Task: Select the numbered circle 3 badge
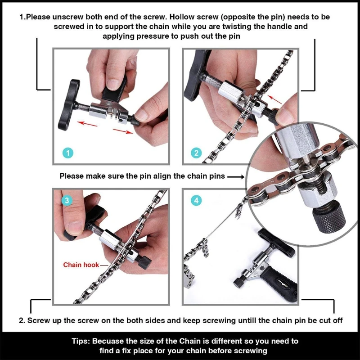coord(67,201)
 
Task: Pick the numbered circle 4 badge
coord(196,201)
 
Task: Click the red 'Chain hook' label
coord(78,265)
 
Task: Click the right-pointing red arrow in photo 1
coord(123,130)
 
